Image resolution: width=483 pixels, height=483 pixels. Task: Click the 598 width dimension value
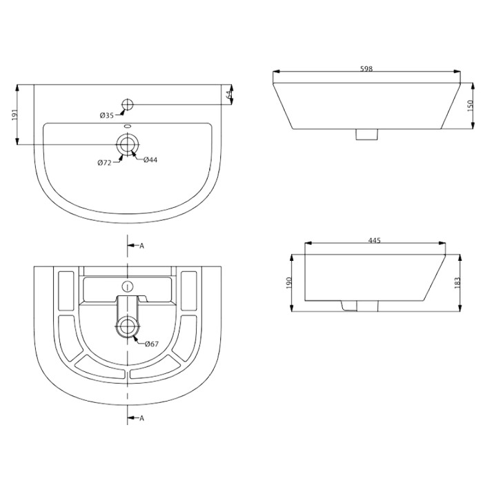(x=366, y=69)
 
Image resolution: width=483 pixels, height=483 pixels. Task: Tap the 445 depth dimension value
(x=375, y=240)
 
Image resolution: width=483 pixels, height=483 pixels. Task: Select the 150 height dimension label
(x=470, y=106)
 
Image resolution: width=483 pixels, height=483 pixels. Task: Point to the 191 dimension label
(x=15, y=115)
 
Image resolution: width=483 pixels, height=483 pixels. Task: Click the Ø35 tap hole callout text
(x=106, y=115)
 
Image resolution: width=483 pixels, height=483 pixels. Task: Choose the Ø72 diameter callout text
(x=104, y=163)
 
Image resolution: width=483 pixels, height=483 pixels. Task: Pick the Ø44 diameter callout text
(x=150, y=159)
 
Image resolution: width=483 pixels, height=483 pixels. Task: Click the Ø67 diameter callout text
(x=152, y=344)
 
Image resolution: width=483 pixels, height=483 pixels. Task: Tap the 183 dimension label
(x=457, y=282)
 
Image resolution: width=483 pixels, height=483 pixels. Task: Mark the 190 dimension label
(x=288, y=283)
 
